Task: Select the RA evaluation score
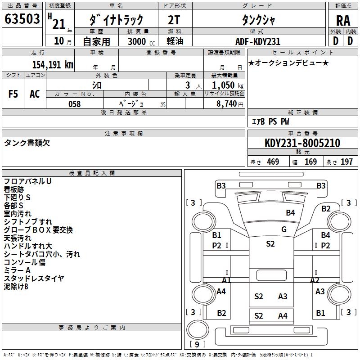pos(343,20)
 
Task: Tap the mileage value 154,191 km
pos(53,64)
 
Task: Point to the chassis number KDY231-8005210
pos(302,143)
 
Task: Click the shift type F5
pos(13,94)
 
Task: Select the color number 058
pos(74,103)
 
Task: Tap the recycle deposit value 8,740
pos(230,103)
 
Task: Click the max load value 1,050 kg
pos(228,85)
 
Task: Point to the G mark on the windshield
pos(283,229)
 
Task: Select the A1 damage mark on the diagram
pos(226,280)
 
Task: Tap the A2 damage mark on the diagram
pos(315,280)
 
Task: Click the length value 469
pos(273,162)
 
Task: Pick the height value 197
pos(346,162)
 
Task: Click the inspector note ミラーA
pos(17,270)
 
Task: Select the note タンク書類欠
pos(27,143)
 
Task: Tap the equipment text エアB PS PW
pos(270,121)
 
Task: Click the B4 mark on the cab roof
pos(290,212)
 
